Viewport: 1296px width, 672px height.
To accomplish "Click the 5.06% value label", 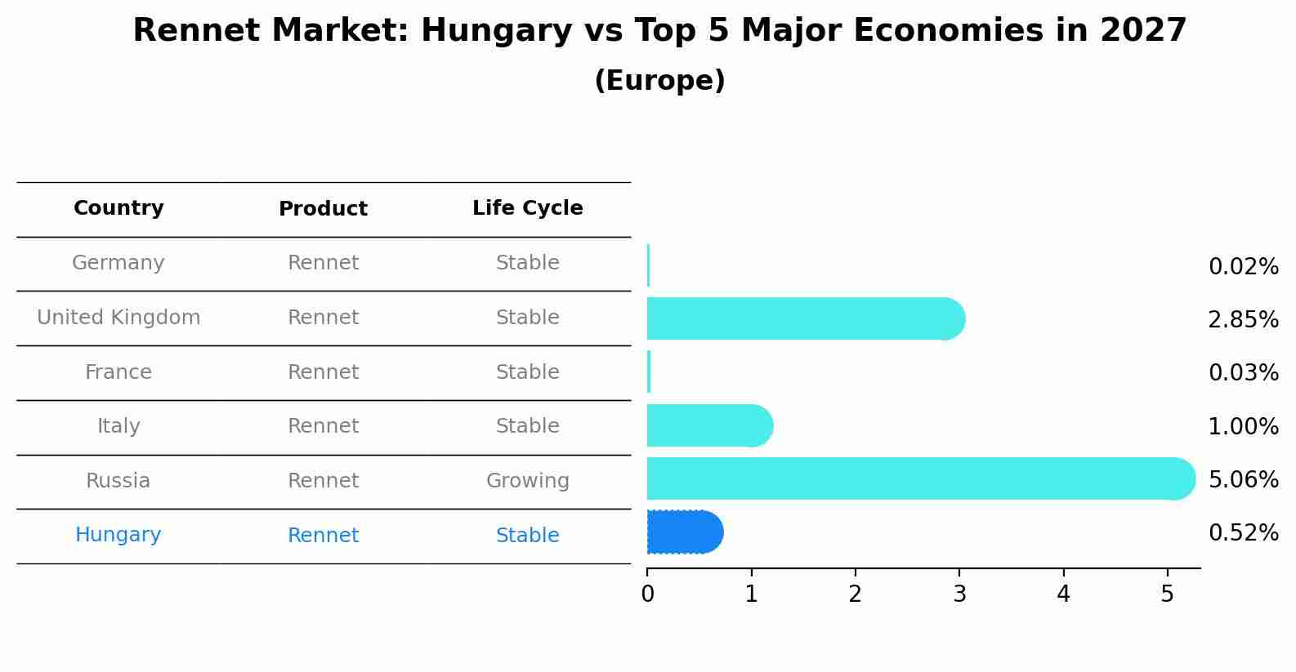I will (x=1243, y=479).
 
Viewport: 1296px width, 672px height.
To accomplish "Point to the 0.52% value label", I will (x=1243, y=533).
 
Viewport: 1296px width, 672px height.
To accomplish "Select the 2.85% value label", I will (x=1243, y=319).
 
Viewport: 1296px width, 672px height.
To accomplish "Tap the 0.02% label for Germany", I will (x=1243, y=266).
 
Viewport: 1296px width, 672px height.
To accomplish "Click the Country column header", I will (x=118, y=208).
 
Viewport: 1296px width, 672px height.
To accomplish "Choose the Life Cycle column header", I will (x=527, y=208).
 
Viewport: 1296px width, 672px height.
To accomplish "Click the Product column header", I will (x=323, y=209).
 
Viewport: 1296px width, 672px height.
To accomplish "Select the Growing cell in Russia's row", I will (x=527, y=481).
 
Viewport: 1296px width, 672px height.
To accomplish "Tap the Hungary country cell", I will (x=118, y=535).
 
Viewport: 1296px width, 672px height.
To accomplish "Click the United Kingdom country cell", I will (x=118, y=318).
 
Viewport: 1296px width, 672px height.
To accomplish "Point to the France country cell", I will (x=118, y=372).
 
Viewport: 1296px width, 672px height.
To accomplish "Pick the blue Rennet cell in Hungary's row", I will (x=323, y=536).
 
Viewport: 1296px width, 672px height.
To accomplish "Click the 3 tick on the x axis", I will (x=959, y=594).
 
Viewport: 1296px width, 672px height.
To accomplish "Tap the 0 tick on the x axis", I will (x=647, y=594).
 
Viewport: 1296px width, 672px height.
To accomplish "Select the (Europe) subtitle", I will (x=659, y=81).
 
